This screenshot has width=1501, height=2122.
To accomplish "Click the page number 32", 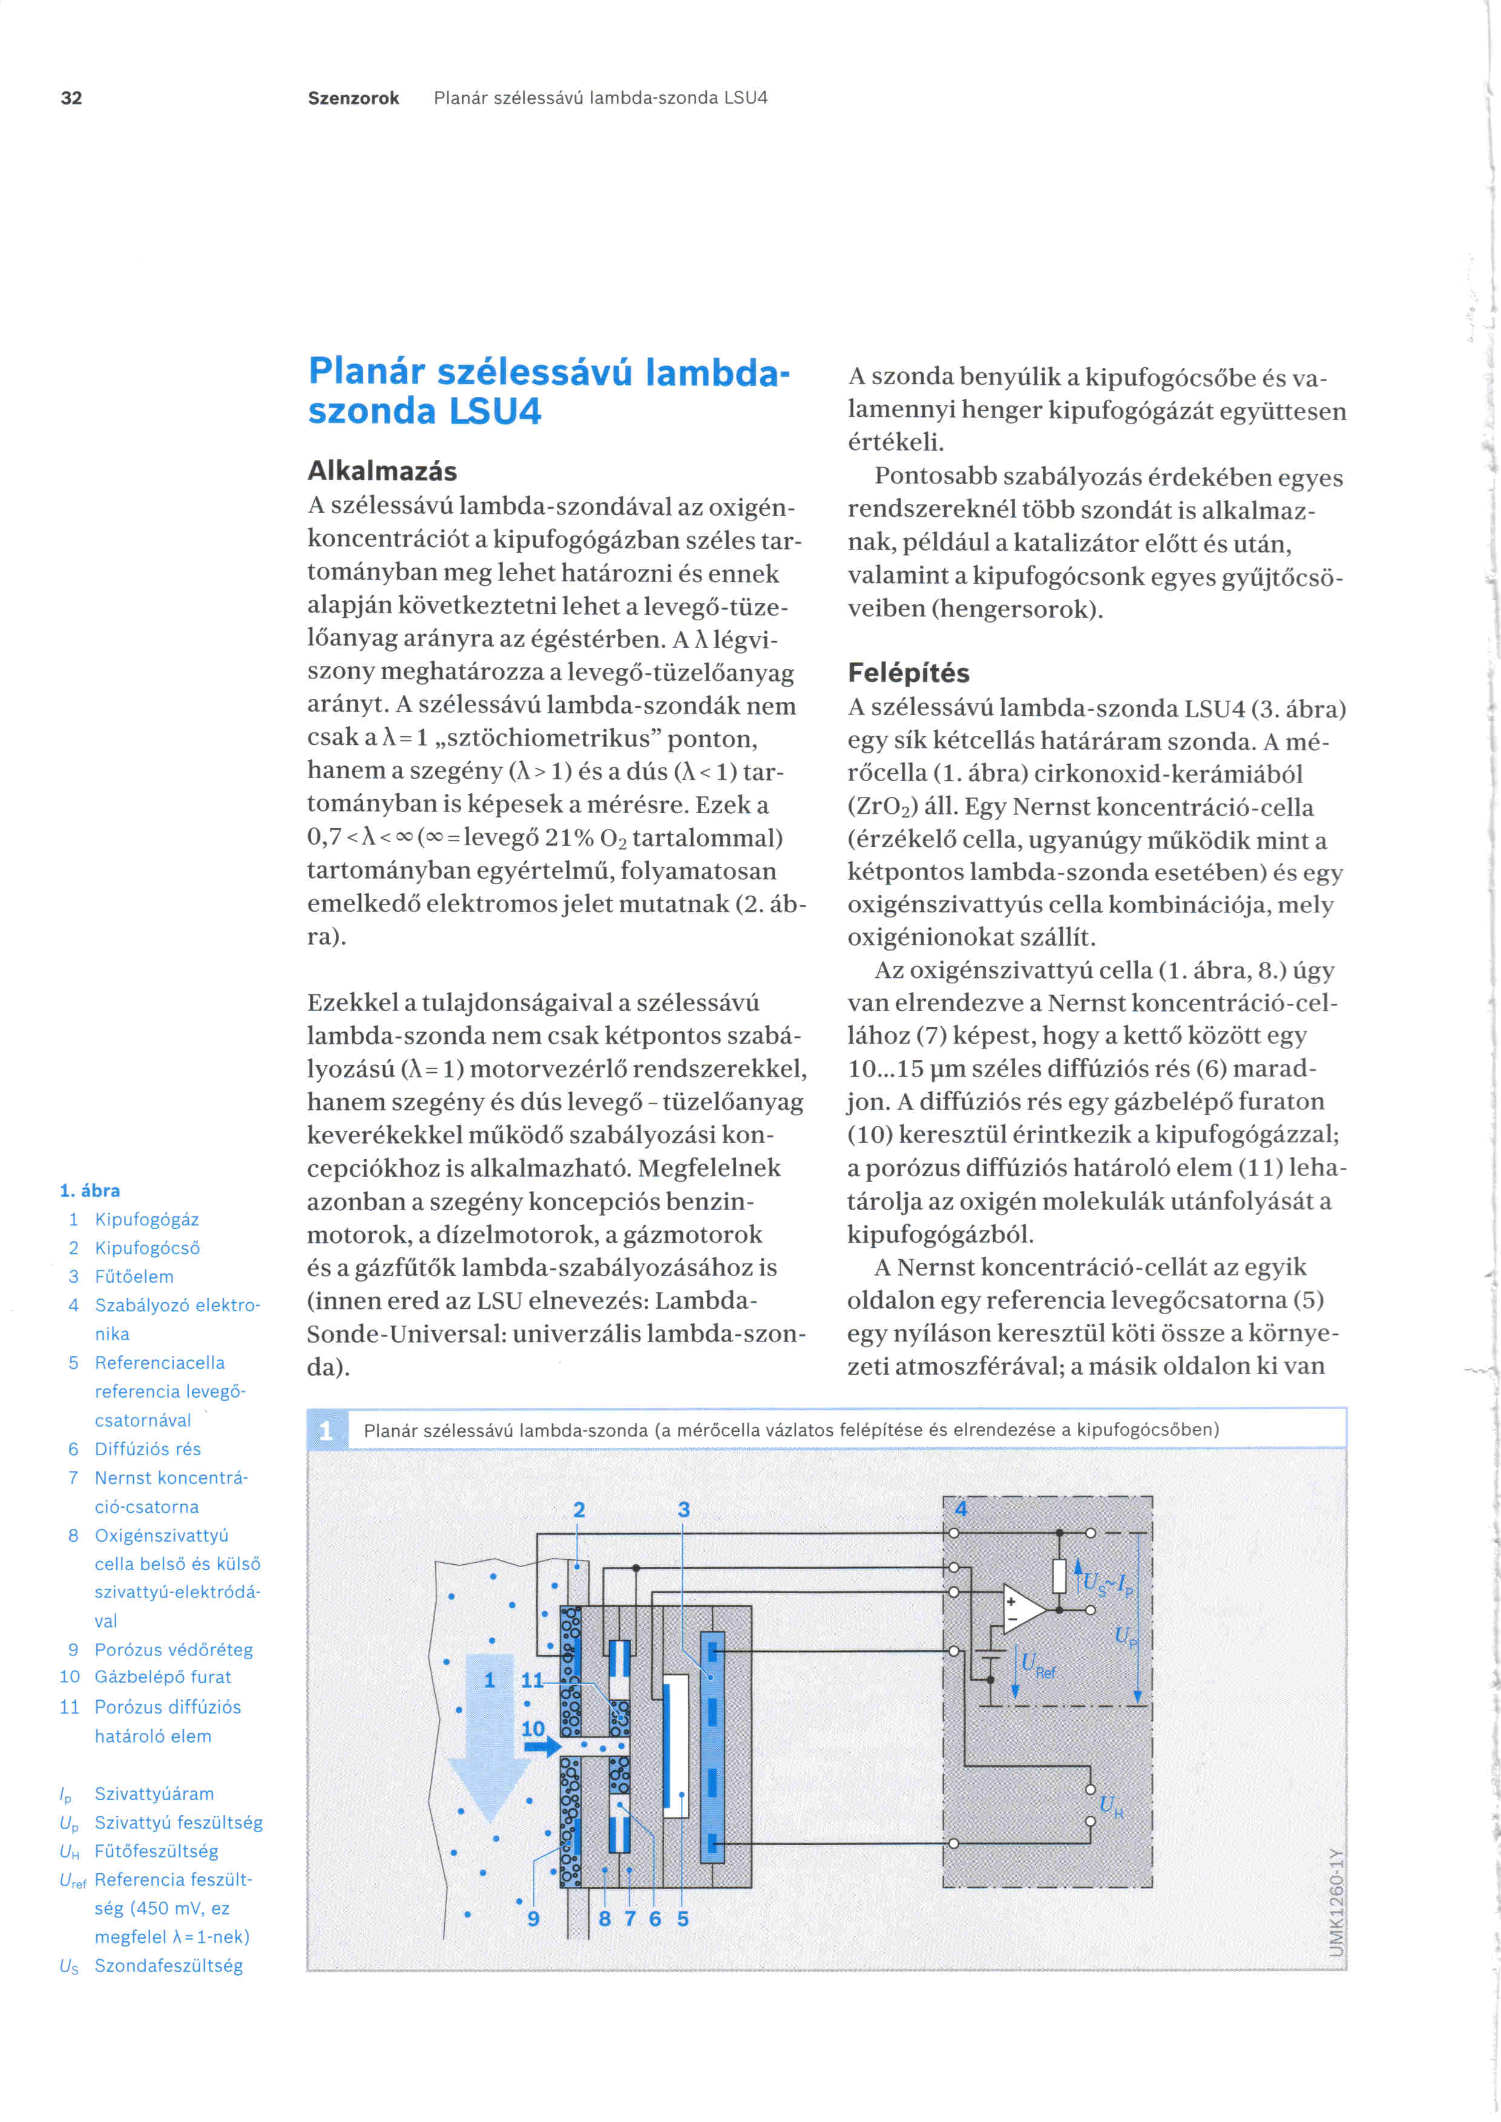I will click(x=71, y=98).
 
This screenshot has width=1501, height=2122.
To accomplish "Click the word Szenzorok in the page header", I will click(x=353, y=98).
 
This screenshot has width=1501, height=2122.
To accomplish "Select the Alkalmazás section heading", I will click(x=382, y=471).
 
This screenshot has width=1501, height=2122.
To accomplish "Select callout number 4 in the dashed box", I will click(x=961, y=1509).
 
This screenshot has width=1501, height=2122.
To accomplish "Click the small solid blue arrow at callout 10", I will click(x=542, y=1746).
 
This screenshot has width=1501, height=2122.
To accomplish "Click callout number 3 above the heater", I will click(x=683, y=1509).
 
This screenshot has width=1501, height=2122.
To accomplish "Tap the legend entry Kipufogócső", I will click(x=147, y=1248).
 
